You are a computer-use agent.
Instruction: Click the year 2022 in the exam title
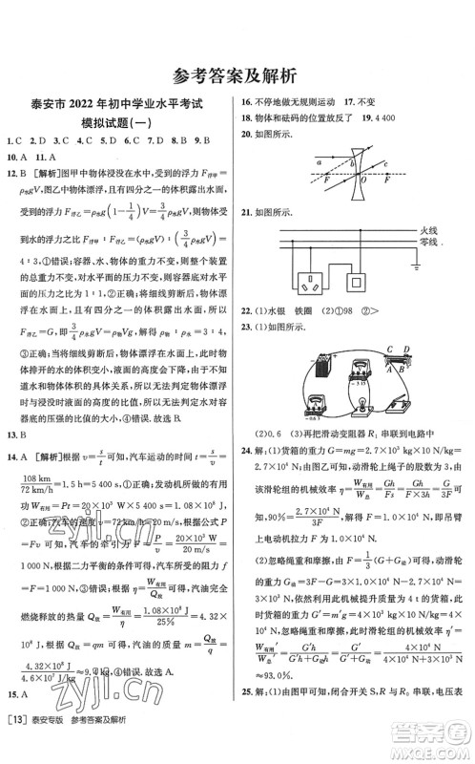pyautogui.click(x=91, y=108)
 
